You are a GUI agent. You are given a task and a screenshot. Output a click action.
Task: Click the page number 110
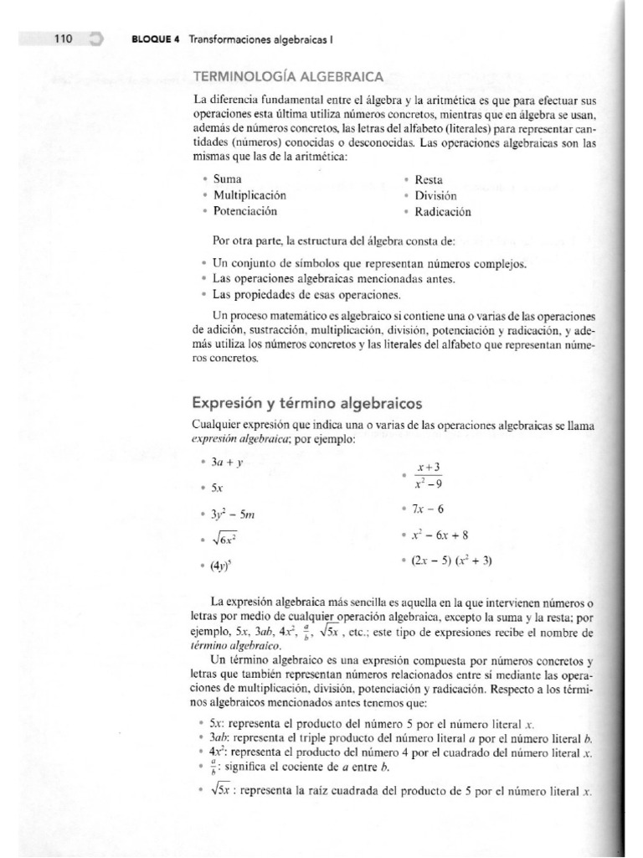click(x=64, y=39)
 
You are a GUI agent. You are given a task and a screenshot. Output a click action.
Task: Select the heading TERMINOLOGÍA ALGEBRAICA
click(x=288, y=76)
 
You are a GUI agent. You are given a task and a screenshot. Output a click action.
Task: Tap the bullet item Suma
click(x=226, y=180)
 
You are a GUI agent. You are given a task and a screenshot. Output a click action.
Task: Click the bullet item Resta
click(x=429, y=180)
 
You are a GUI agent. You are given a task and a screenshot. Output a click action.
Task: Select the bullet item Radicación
click(x=443, y=212)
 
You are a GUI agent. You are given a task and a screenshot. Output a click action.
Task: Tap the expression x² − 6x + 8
click(x=447, y=535)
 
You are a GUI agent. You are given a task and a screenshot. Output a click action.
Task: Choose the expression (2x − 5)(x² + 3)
click(x=459, y=561)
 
